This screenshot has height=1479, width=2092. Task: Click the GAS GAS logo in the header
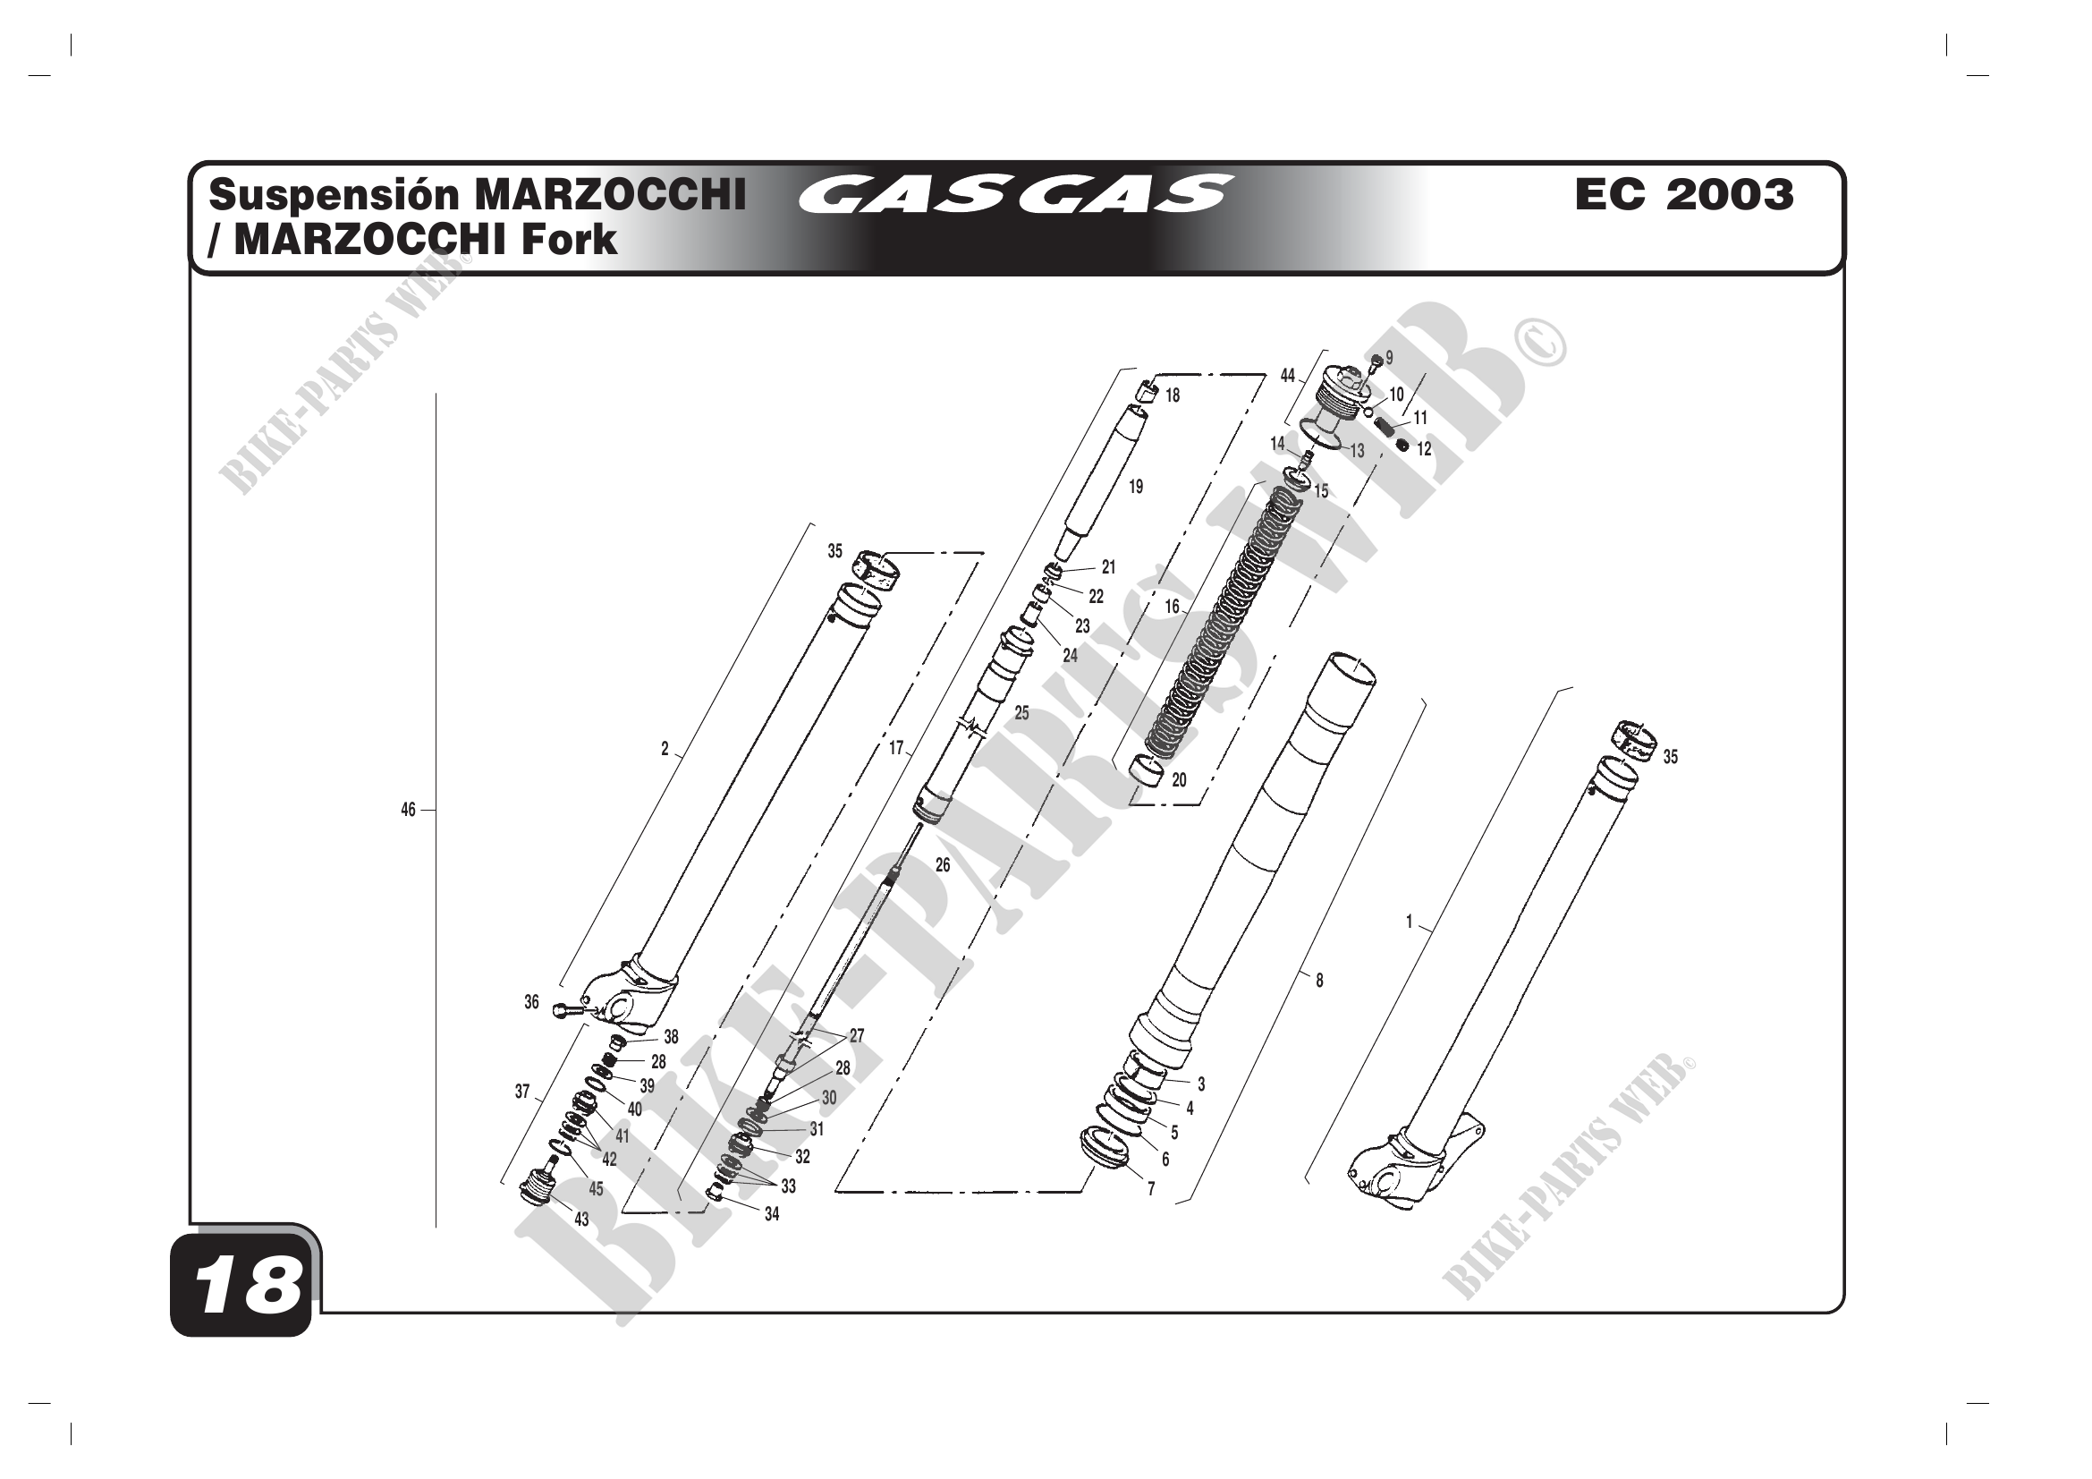1016,194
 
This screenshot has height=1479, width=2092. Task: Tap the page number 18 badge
241,1287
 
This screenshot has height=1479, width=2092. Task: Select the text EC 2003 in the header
1685,194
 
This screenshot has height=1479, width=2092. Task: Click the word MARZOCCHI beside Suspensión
611,194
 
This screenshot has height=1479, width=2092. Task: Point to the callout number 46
408,809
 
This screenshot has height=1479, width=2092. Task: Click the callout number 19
1135,487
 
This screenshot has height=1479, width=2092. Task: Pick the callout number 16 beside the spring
1172,606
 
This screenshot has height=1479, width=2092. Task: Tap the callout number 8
1318,981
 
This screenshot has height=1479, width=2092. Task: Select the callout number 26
942,865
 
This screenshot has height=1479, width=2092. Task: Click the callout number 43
581,1220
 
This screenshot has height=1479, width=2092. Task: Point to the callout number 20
1179,780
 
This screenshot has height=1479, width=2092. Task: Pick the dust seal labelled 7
1104,1146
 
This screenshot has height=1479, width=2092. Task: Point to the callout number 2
665,749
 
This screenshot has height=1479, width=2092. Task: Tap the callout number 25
1021,713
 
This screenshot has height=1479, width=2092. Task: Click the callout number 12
1424,449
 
